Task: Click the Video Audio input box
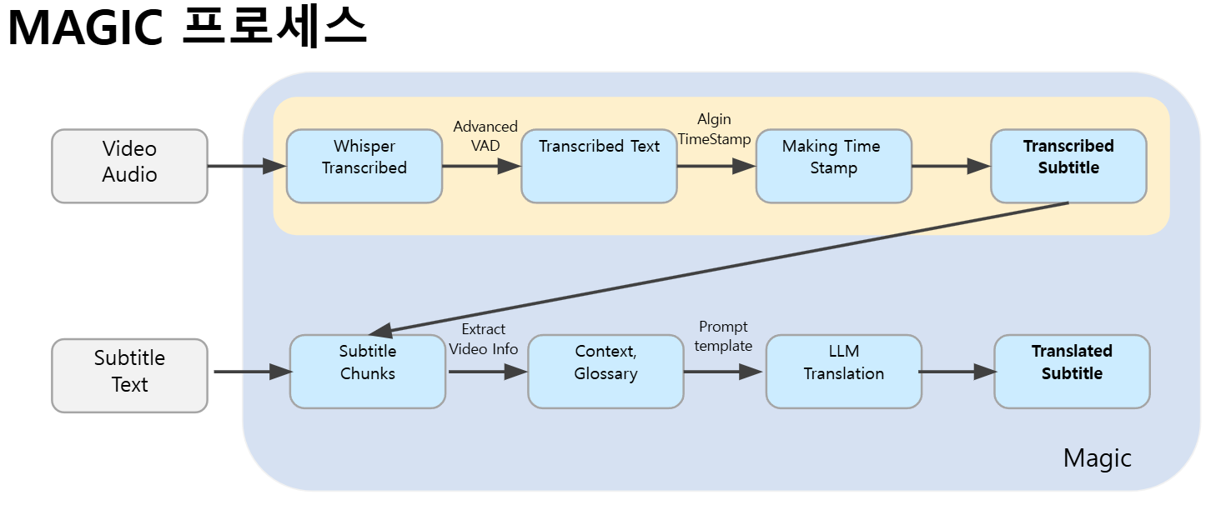click(129, 166)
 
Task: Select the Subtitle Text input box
click(129, 375)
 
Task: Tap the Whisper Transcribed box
click(364, 166)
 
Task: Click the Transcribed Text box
click(599, 166)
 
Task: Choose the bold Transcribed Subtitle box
click(1068, 166)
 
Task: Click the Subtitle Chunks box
click(367, 372)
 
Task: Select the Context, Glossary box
click(605, 372)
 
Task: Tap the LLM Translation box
click(843, 372)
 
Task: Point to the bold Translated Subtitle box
click(1072, 372)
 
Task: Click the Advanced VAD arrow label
click(485, 135)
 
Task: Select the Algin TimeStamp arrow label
click(714, 129)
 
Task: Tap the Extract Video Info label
click(484, 339)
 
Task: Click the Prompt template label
click(723, 336)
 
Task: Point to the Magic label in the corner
click(1097, 457)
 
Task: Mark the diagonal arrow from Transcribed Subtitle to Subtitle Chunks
click(717, 267)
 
